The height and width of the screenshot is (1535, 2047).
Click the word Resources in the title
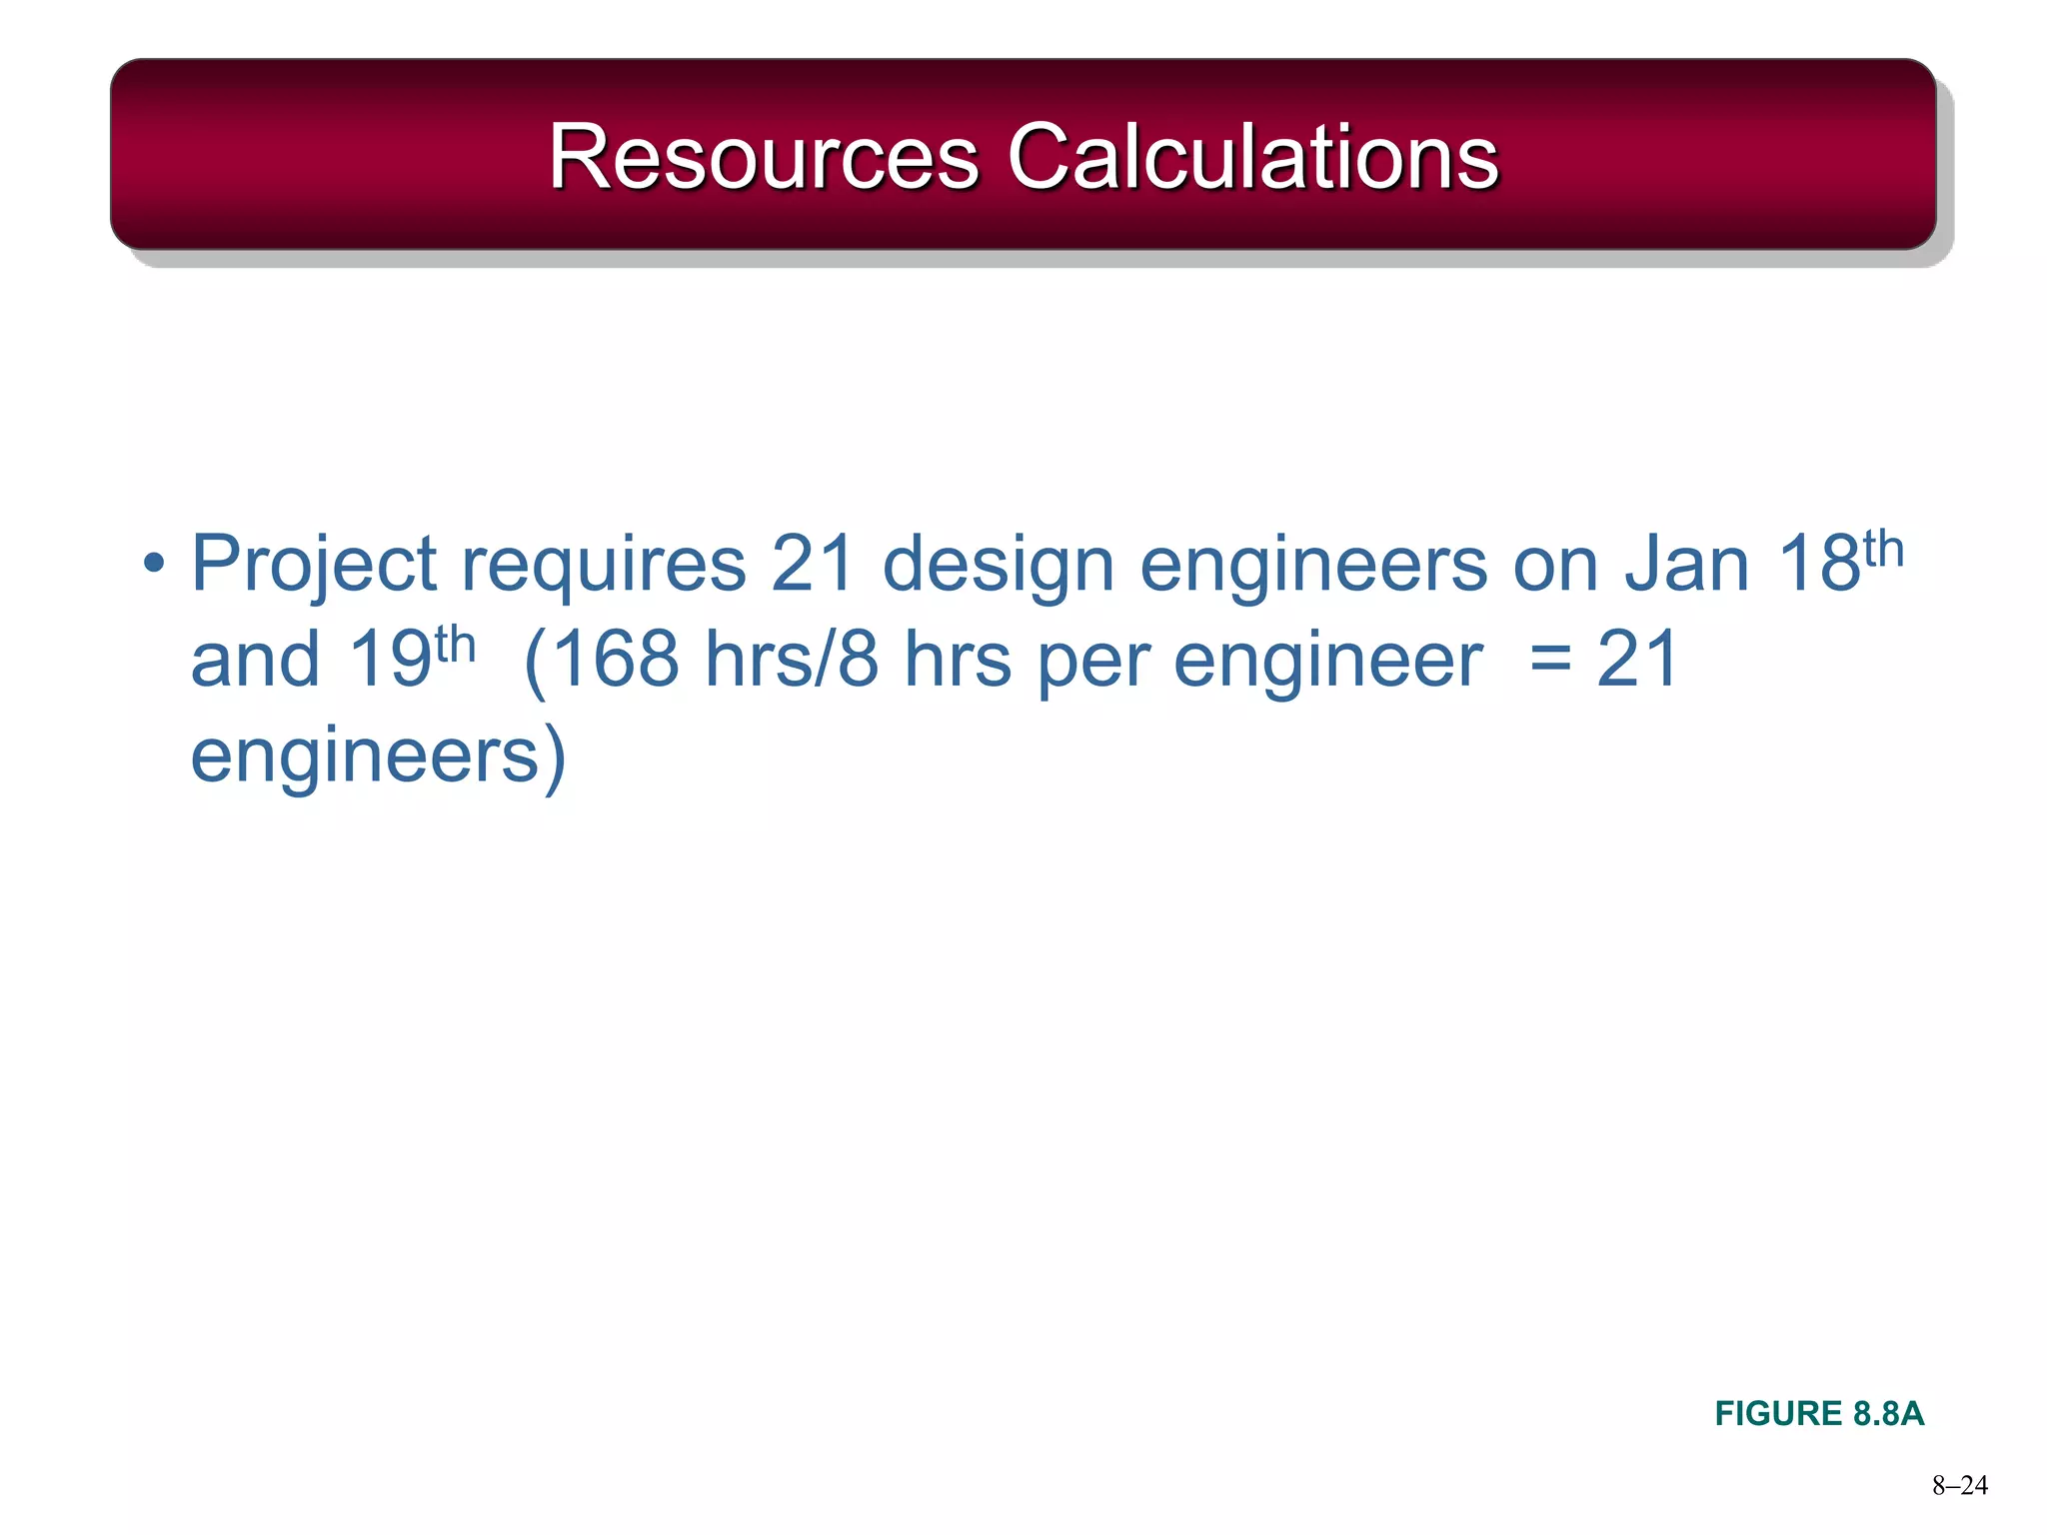tap(764, 157)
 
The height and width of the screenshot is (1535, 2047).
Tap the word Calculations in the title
tap(1252, 157)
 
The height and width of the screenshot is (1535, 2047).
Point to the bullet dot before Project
tap(153, 564)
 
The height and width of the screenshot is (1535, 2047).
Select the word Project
tap(314, 566)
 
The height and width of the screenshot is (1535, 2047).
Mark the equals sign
tap(1550, 662)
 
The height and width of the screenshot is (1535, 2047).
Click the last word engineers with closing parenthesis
tap(378, 758)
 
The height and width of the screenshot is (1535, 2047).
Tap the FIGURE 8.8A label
tap(1819, 1413)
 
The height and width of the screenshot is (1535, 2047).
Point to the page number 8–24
tap(1959, 1486)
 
